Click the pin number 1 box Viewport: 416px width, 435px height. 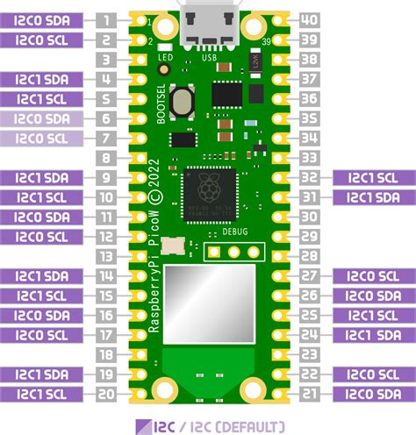pyautogui.click(x=106, y=20)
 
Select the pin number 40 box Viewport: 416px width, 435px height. pyautogui.click(x=309, y=20)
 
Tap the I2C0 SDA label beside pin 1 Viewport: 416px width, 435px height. pyautogui.click(x=43, y=20)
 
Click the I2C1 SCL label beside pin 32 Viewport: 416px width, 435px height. pyautogui.click(x=372, y=178)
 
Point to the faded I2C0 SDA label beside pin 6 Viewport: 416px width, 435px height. pyautogui.click(x=43, y=118)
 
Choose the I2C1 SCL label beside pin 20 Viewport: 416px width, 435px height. pyautogui.click(x=43, y=394)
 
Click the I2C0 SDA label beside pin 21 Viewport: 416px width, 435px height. pyautogui.click(x=372, y=394)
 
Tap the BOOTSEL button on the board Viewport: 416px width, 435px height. pyautogui.click(x=183, y=103)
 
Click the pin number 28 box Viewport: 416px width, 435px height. pyautogui.click(x=309, y=256)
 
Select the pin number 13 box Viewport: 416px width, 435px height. pyautogui.click(x=106, y=256)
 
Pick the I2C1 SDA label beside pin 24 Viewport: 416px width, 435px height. pyautogui.click(x=372, y=335)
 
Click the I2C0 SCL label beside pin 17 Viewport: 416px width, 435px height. pyautogui.click(x=43, y=335)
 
